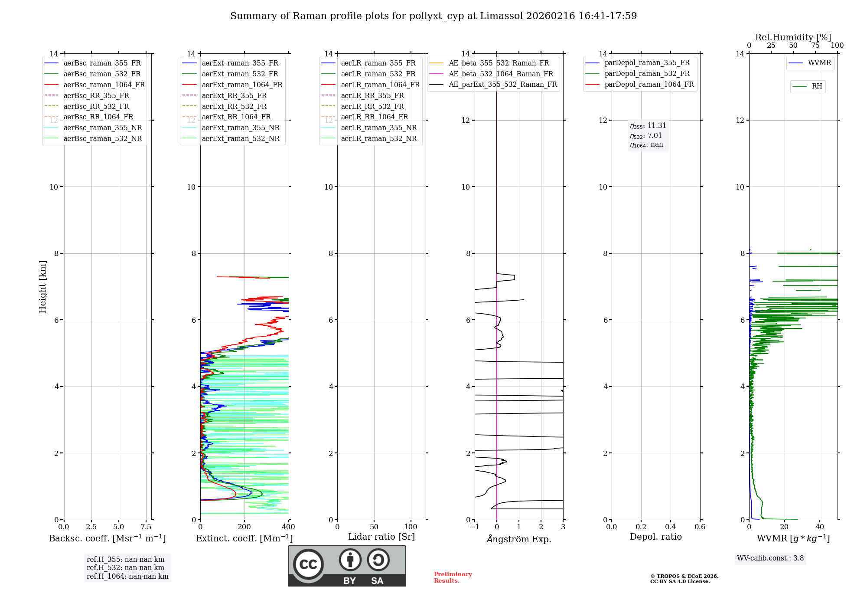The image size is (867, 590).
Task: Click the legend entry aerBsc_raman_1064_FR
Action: pyautogui.click(x=104, y=85)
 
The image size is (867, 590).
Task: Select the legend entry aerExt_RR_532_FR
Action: pyautogui.click(x=234, y=106)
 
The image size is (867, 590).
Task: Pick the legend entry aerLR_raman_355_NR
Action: pyautogui.click(x=378, y=128)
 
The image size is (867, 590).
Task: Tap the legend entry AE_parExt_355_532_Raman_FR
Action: pyautogui.click(x=502, y=85)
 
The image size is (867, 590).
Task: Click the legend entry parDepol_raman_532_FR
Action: pyautogui.click(x=647, y=74)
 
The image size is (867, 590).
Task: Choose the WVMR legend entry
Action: pyautogui.click(x=819, y=63)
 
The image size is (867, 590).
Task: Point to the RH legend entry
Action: pyautogui.click(x=817, y=86)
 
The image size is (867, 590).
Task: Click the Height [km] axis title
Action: pyautogui.click(x=42, y=287)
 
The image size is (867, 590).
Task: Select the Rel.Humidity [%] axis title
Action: pyautogui.click(x=793, y=37)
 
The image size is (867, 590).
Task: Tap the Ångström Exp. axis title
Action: pyautogui.click(x=518, y=539)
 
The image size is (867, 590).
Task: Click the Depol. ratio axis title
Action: pyautogui.click(x=655, y=537)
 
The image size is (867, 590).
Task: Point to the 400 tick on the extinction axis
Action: pyautogui.click(x=288, y=527)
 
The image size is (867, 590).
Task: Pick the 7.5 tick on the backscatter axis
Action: pyautogui.click(x=146, y=527)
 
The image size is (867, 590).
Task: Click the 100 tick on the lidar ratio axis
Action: pyautogui.click(x=411, y=527)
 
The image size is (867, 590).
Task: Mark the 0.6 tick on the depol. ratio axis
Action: pyautogui.click(x=700, y=527)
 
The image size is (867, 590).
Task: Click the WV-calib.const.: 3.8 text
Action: pyautogui.click(x=770, y=558)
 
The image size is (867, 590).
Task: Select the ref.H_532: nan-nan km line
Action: pyautogui.click(x=125, y=568)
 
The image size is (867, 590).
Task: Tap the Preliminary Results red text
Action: pyautogui.click(x=453, y=577)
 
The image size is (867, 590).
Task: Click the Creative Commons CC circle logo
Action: pyautogui.click(x=308, y=564)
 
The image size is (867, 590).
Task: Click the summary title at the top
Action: pyautogui.click(x=433, y=16)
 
